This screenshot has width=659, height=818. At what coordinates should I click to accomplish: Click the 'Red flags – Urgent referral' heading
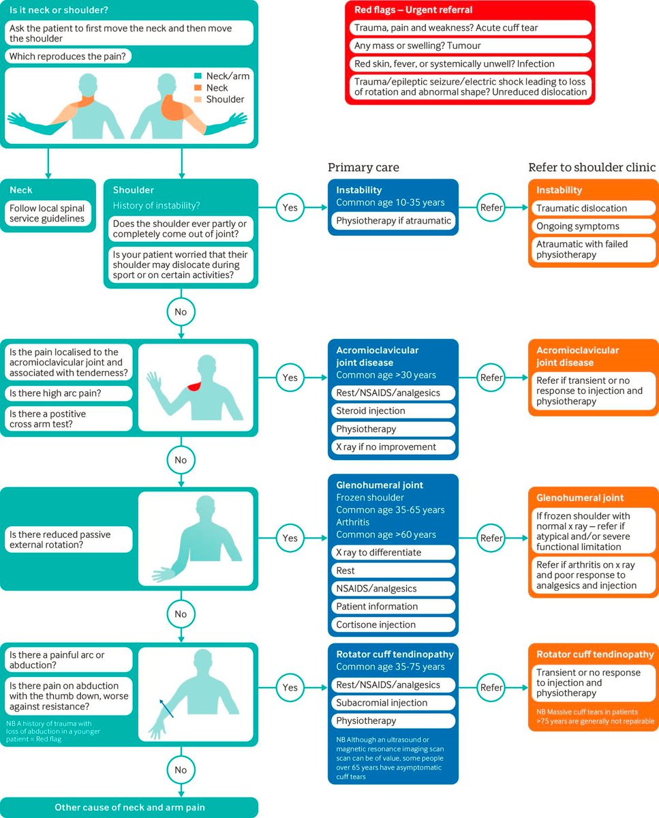click(414, 10)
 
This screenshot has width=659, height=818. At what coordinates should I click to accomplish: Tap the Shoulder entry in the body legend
click(225, 100)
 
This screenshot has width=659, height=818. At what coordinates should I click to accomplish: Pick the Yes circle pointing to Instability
click(290, 207)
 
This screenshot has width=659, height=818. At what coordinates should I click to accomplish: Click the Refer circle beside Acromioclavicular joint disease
click(491, 377)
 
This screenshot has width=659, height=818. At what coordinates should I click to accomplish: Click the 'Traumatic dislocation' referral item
click(593, 208)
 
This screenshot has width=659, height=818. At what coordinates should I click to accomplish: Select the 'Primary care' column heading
click(363, 168)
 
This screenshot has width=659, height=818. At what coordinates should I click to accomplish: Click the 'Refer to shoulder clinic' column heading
click(592, 168)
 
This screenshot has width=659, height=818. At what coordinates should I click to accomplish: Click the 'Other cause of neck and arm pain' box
click(129, 808)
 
